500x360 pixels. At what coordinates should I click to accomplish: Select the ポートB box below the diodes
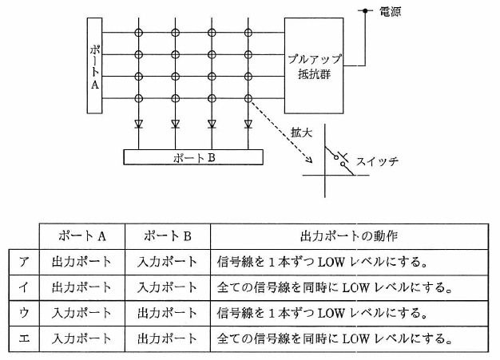point(194,156)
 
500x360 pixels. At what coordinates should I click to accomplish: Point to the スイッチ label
point(379,160)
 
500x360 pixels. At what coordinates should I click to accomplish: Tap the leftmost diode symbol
point(138,124)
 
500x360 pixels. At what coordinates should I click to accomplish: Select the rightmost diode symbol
point(248,124)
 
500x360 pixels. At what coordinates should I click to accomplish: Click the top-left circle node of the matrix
point(138,33)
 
